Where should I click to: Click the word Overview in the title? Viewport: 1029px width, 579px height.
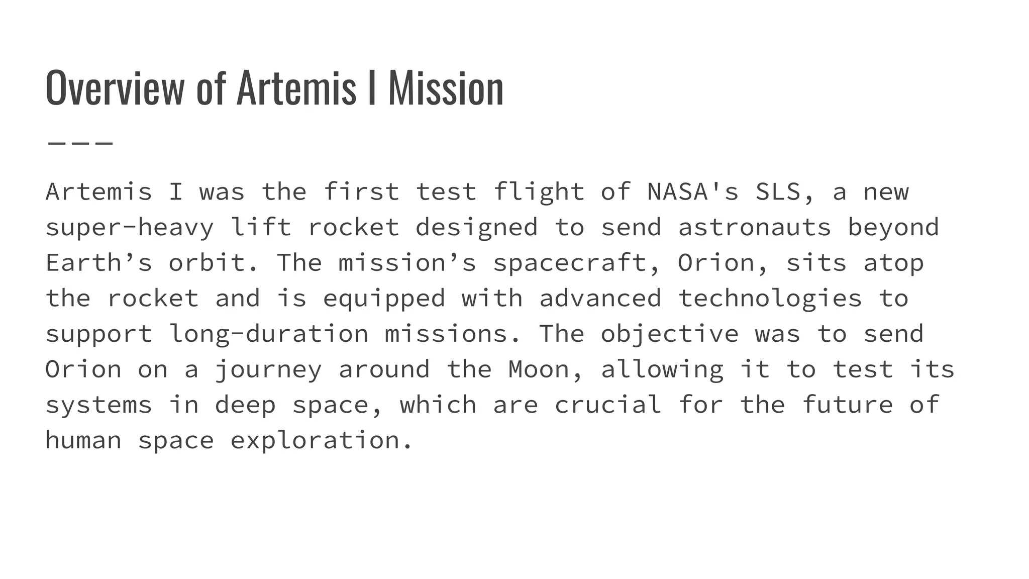click(x=115, y=88)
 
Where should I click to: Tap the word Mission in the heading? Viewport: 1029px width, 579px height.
click(x=446, y=88)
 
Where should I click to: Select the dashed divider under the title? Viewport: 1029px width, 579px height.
click(x=80, y=143)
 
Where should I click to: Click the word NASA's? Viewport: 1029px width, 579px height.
click(x=693, y=192)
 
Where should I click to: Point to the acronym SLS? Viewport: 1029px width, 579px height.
click(x=778, y=192)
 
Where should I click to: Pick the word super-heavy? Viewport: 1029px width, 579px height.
click(x=130, y=228)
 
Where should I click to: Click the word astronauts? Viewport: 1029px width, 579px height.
click(x=754, y=228)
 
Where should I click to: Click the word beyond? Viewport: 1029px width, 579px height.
click(x=893, y=228)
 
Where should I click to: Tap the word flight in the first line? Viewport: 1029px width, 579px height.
click(x=539, y=192)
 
